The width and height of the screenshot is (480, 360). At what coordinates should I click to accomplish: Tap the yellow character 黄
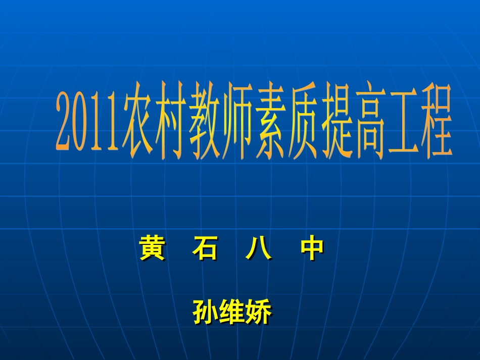152,248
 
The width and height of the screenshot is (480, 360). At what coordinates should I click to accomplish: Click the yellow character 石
205,248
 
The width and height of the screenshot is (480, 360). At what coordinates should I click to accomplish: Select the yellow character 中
312,248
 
